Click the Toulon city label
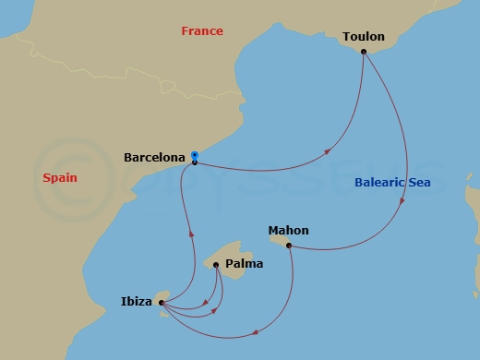(x=363, y=37)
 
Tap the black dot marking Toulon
(x=364, y=52)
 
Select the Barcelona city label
(x=154, y=158)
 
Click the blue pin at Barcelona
(x=194, y=157)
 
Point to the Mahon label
(x=288, y=230)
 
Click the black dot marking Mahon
(x=289, y=246)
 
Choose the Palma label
(x=244, y=264)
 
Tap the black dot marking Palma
(x=216, y=265)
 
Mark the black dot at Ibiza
(x=161, y=302)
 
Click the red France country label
(x=201, y=31)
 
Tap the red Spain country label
(x=59, y=177)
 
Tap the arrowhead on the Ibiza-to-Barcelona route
(x=191, y=234)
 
